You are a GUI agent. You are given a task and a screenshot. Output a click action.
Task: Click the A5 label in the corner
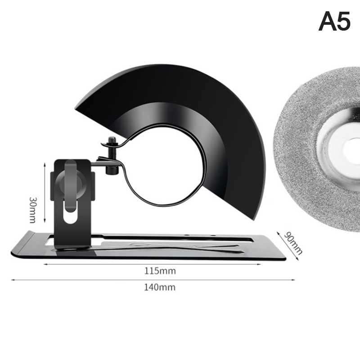(334, 21)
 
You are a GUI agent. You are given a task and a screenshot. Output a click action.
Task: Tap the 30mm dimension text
(33, 210)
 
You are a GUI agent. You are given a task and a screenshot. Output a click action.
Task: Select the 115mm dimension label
(160, 271)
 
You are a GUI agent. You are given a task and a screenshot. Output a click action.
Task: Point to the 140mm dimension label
(160, 287)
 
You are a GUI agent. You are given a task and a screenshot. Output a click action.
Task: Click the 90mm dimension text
(293, 243)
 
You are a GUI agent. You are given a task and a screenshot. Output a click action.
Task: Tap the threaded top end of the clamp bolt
(112, 140)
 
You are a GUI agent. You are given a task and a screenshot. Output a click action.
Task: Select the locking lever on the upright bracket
(71, 186)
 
